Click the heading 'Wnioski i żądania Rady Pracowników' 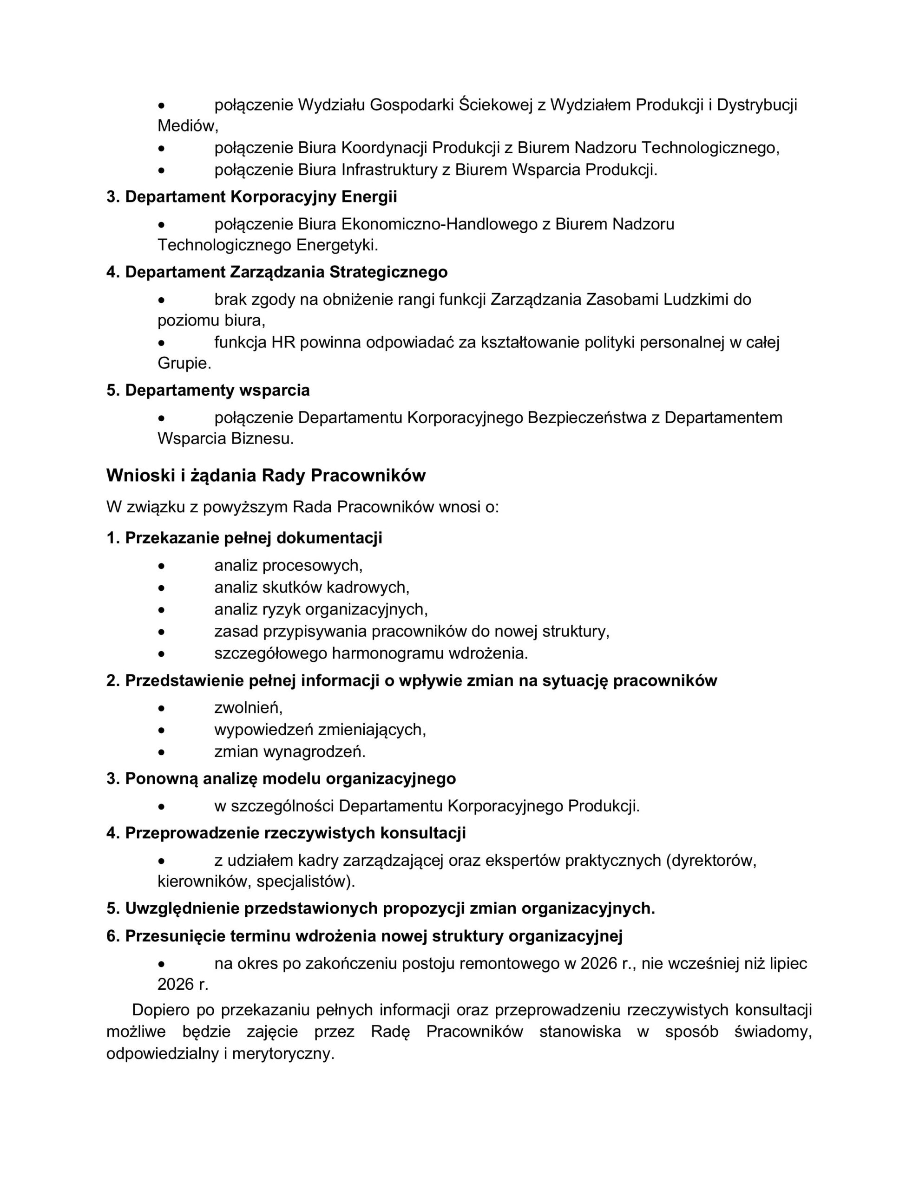[x=265, y=475]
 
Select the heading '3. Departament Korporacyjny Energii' [x=251, y=196]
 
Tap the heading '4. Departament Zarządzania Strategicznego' [x=277, y=272]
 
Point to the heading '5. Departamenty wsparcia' [x=208, y=390]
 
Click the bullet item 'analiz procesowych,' [x=288, y=565]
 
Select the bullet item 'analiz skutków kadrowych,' [x=312, y=587]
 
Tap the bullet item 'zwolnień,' [x=249, y=707]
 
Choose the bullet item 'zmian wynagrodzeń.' [x=290, y=751]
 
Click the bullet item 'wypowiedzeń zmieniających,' [x=320, y=729]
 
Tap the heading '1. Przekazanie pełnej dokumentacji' [x=244, y=538]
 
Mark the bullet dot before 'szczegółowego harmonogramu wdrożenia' [x=161, y=653]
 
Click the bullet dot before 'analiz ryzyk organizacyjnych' [x=161, y=610]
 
